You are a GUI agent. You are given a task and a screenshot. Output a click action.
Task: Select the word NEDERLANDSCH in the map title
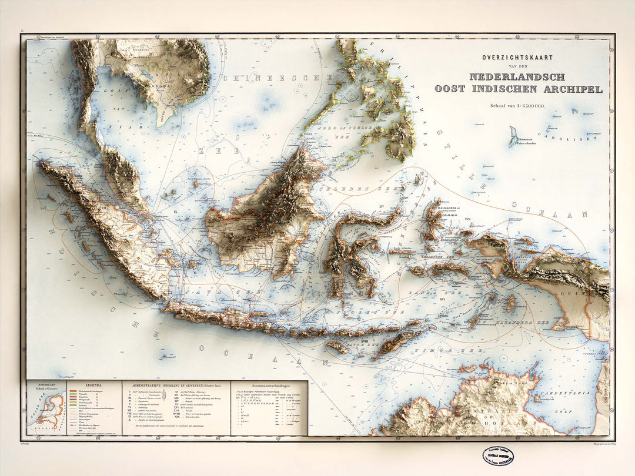pyautogui.click(x=517, y=77)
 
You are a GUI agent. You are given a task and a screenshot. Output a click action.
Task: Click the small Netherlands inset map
pyautogui.click(x=47, y=409)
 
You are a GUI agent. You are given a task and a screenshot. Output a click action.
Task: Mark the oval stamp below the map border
pyautogui.click(x=497, y=455)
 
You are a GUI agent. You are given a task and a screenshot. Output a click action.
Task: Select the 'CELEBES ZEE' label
pyautogui.click(x=367, y=189)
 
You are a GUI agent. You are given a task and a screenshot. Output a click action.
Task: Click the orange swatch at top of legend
pyautogui.click(x=73, y=390)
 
